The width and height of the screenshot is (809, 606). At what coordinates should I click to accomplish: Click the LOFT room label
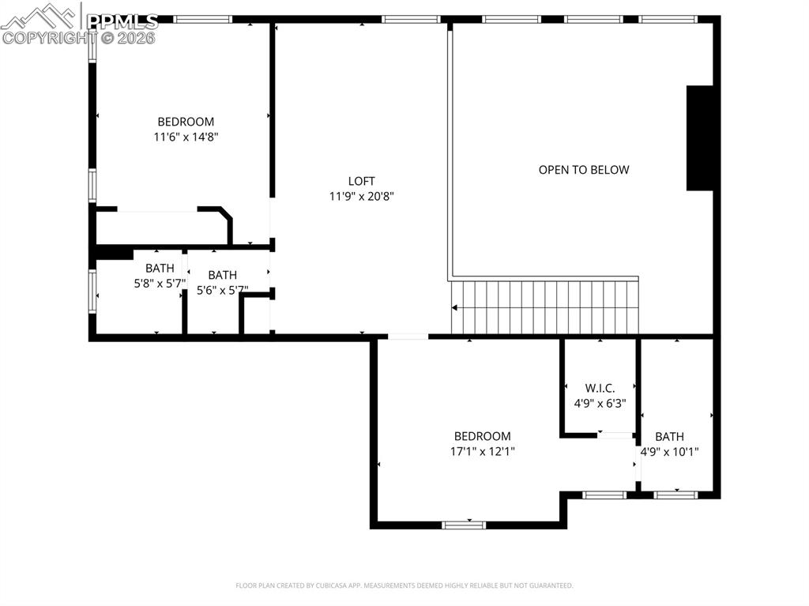(361, 181)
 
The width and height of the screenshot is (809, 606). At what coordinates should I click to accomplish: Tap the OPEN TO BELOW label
(584, 170)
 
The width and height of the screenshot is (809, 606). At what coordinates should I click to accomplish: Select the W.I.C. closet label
(600, 388)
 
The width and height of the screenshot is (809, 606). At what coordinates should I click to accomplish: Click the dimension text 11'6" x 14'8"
(186, 137)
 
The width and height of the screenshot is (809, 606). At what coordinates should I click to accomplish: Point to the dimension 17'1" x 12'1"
(482, 451)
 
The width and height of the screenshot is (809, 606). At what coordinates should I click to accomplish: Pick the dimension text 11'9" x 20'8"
(361, 196)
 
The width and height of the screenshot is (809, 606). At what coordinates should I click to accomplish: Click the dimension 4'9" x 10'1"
(669, 452)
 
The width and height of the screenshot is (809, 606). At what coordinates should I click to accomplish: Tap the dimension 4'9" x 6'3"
(600, 403)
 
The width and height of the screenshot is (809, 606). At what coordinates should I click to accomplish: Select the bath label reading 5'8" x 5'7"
(159, 284)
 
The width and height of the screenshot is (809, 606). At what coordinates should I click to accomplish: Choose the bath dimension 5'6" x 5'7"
(222, 290)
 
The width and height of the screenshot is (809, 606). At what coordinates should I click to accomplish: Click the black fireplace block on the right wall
(700, 138)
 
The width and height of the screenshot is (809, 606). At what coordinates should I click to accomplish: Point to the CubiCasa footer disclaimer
(404, 585)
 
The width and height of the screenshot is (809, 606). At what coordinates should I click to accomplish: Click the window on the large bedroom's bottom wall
(464, 524)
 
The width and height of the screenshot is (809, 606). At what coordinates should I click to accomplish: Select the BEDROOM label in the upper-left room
(186, 122)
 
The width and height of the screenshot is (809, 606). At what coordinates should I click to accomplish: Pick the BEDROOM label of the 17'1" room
(482, 436)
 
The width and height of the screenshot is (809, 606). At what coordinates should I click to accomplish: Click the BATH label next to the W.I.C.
(669, 437)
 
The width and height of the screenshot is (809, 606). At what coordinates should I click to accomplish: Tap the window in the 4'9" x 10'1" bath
(676, 495)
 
